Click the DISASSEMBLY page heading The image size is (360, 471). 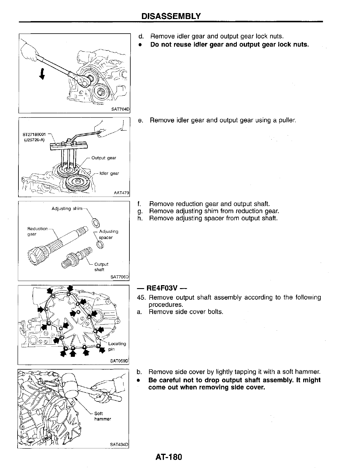[171, 16]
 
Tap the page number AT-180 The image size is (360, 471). [168, 457]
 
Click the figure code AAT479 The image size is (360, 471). [121, 193]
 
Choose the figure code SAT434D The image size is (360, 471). [119, 445]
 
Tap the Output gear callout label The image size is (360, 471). [104, 158]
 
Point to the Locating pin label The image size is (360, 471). [117, 346]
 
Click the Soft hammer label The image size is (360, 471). [103, 416]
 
